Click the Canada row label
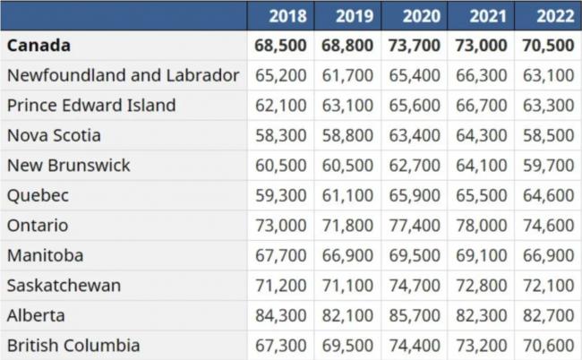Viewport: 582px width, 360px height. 39,45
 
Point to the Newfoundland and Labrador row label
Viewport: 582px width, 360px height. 123,75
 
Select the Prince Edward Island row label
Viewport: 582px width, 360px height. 91,105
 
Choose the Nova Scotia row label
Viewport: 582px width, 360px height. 54,135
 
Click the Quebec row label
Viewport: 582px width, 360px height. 38,195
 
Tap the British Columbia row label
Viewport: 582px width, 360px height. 73,345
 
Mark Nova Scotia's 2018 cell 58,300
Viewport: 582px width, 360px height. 281,135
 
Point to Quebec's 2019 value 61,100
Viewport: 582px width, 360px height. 348,195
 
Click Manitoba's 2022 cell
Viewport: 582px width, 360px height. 549,255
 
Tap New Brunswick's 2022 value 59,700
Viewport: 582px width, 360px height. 549,165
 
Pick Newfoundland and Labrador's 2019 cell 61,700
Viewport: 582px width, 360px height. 348,75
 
